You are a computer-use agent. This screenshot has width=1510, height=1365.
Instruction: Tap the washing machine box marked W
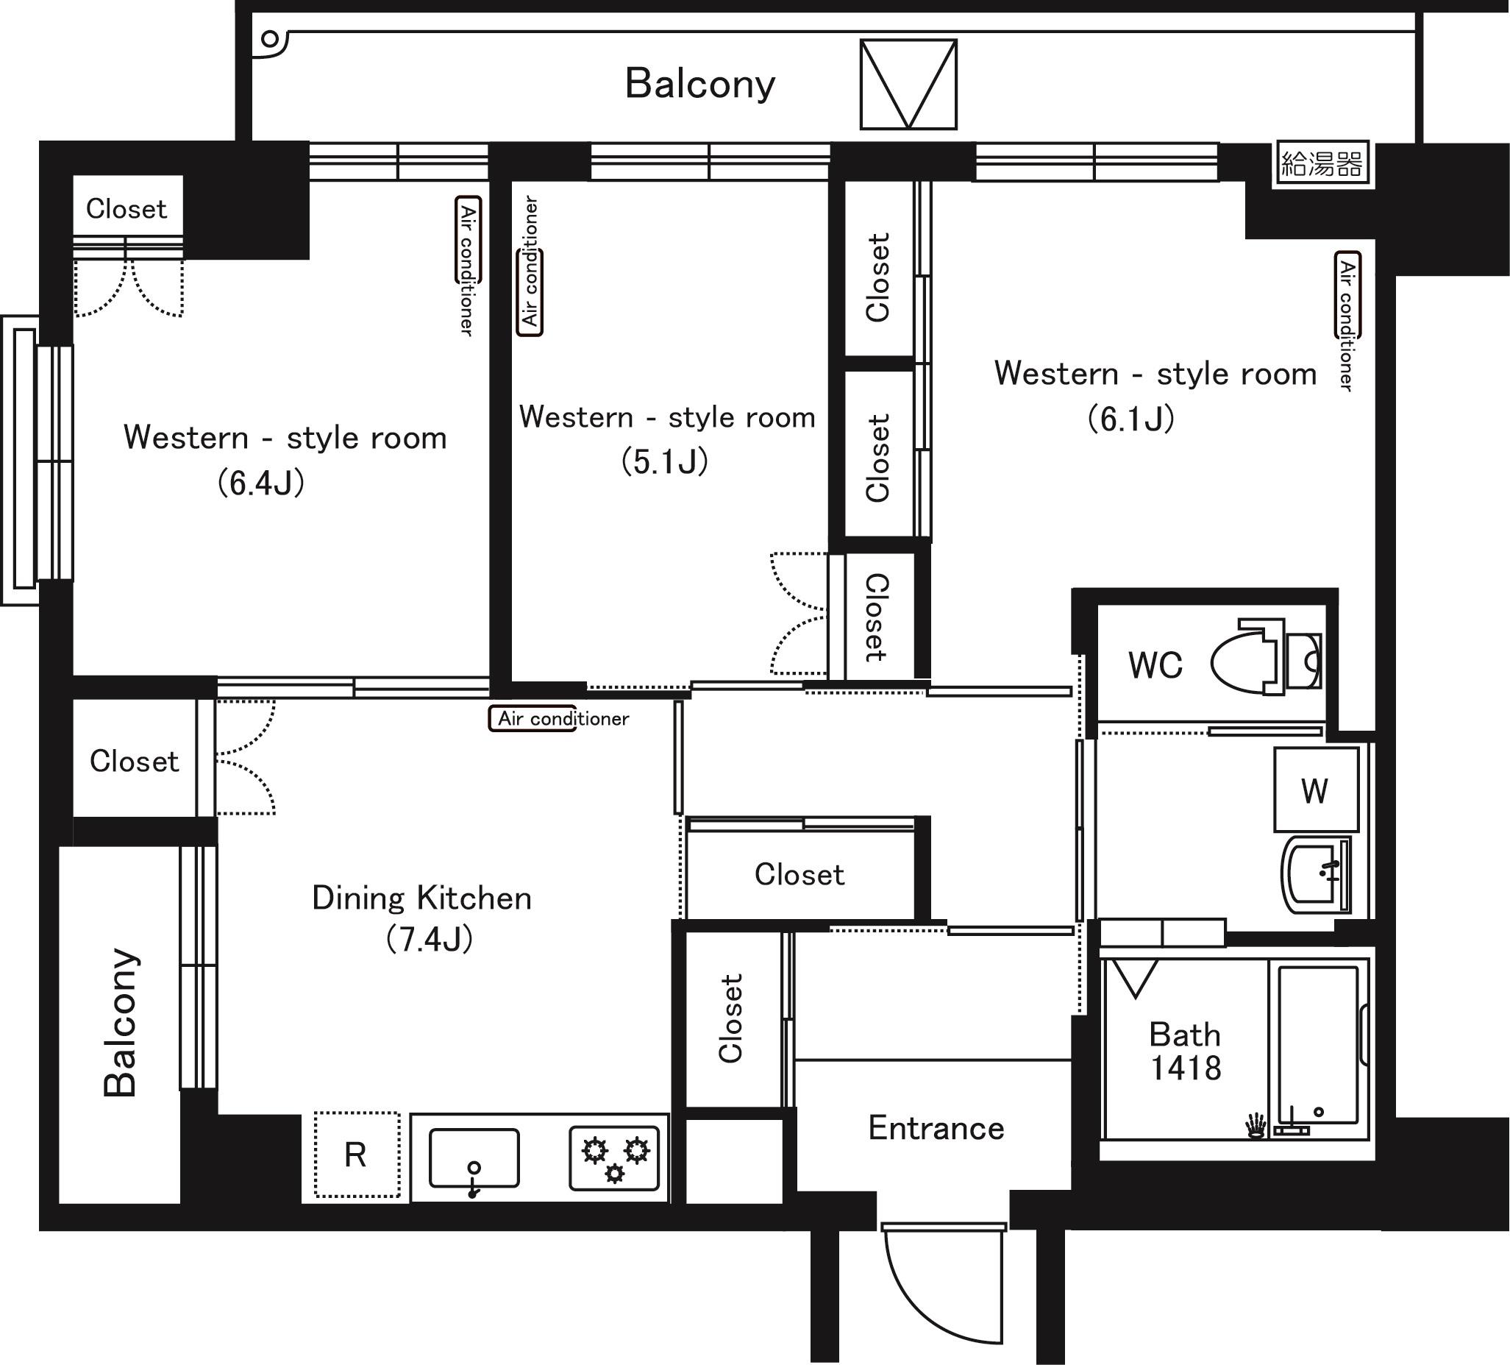(x=1316, y=790)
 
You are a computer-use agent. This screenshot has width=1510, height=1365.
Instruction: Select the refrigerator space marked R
(x=357, y=1155)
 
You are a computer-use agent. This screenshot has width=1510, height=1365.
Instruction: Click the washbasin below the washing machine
(x=1316, y=875)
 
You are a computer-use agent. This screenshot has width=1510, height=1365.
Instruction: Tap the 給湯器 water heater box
(x=1322, y=163)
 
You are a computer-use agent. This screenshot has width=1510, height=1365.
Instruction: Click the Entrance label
(x=936, y=1128)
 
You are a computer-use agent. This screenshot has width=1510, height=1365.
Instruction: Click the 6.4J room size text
(x=261, y=483)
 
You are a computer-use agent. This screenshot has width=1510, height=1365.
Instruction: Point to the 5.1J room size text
(x=665, y=461)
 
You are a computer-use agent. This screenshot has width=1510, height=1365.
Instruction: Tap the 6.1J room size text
(x=1131, y=418)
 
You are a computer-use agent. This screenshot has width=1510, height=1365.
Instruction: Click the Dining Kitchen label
(x=421, y=898)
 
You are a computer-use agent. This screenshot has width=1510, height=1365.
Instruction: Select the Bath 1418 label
(x=1186, y=1052)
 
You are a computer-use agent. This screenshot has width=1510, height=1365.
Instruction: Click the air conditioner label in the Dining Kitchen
(x=563, y=718)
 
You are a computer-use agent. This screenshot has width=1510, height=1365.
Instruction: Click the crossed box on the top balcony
(x=908, y=85)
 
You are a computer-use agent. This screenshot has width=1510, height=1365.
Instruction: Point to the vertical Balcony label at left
(x=121, y=1024)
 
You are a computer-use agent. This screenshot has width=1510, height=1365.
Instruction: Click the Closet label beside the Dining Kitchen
(x=135, y=761)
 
